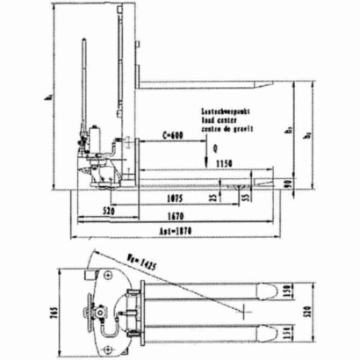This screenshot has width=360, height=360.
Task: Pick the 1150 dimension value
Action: tap(229, 164)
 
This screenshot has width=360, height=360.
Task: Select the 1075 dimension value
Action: tap(175, 199)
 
